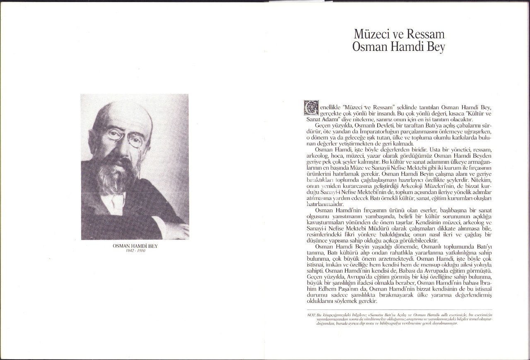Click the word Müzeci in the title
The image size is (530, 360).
(x=370, y=34)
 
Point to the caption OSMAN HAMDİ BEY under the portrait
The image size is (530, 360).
(x=135, y=246)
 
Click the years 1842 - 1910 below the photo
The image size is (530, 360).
(x=135, y=251)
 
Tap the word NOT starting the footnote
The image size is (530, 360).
(x=311, y=315)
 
